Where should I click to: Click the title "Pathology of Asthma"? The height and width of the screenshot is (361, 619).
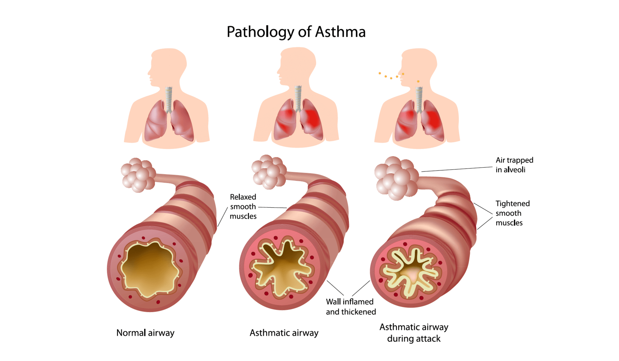click(296, 32)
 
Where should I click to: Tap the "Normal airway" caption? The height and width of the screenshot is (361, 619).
click(145, 333)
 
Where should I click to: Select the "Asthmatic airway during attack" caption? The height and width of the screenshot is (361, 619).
click(414, 333)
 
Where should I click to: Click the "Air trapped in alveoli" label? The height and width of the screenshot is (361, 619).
click(514, 165)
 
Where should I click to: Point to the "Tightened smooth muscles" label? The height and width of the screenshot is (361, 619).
click(513, 213)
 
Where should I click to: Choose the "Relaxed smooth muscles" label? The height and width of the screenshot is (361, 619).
click(243, 207)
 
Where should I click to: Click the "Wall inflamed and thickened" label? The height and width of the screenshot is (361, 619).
click(351, 307)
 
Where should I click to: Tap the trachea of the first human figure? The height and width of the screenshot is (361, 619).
click(169, 100)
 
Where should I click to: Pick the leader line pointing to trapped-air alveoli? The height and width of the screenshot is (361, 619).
click(457, 169)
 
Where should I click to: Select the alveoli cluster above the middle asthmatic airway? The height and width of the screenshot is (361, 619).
click(269, 172)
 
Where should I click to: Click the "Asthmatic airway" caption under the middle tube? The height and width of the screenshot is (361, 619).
click(284, 333)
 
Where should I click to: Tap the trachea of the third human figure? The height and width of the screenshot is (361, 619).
click(419, 100)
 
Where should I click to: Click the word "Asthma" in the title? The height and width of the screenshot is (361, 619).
click(340, 32)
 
